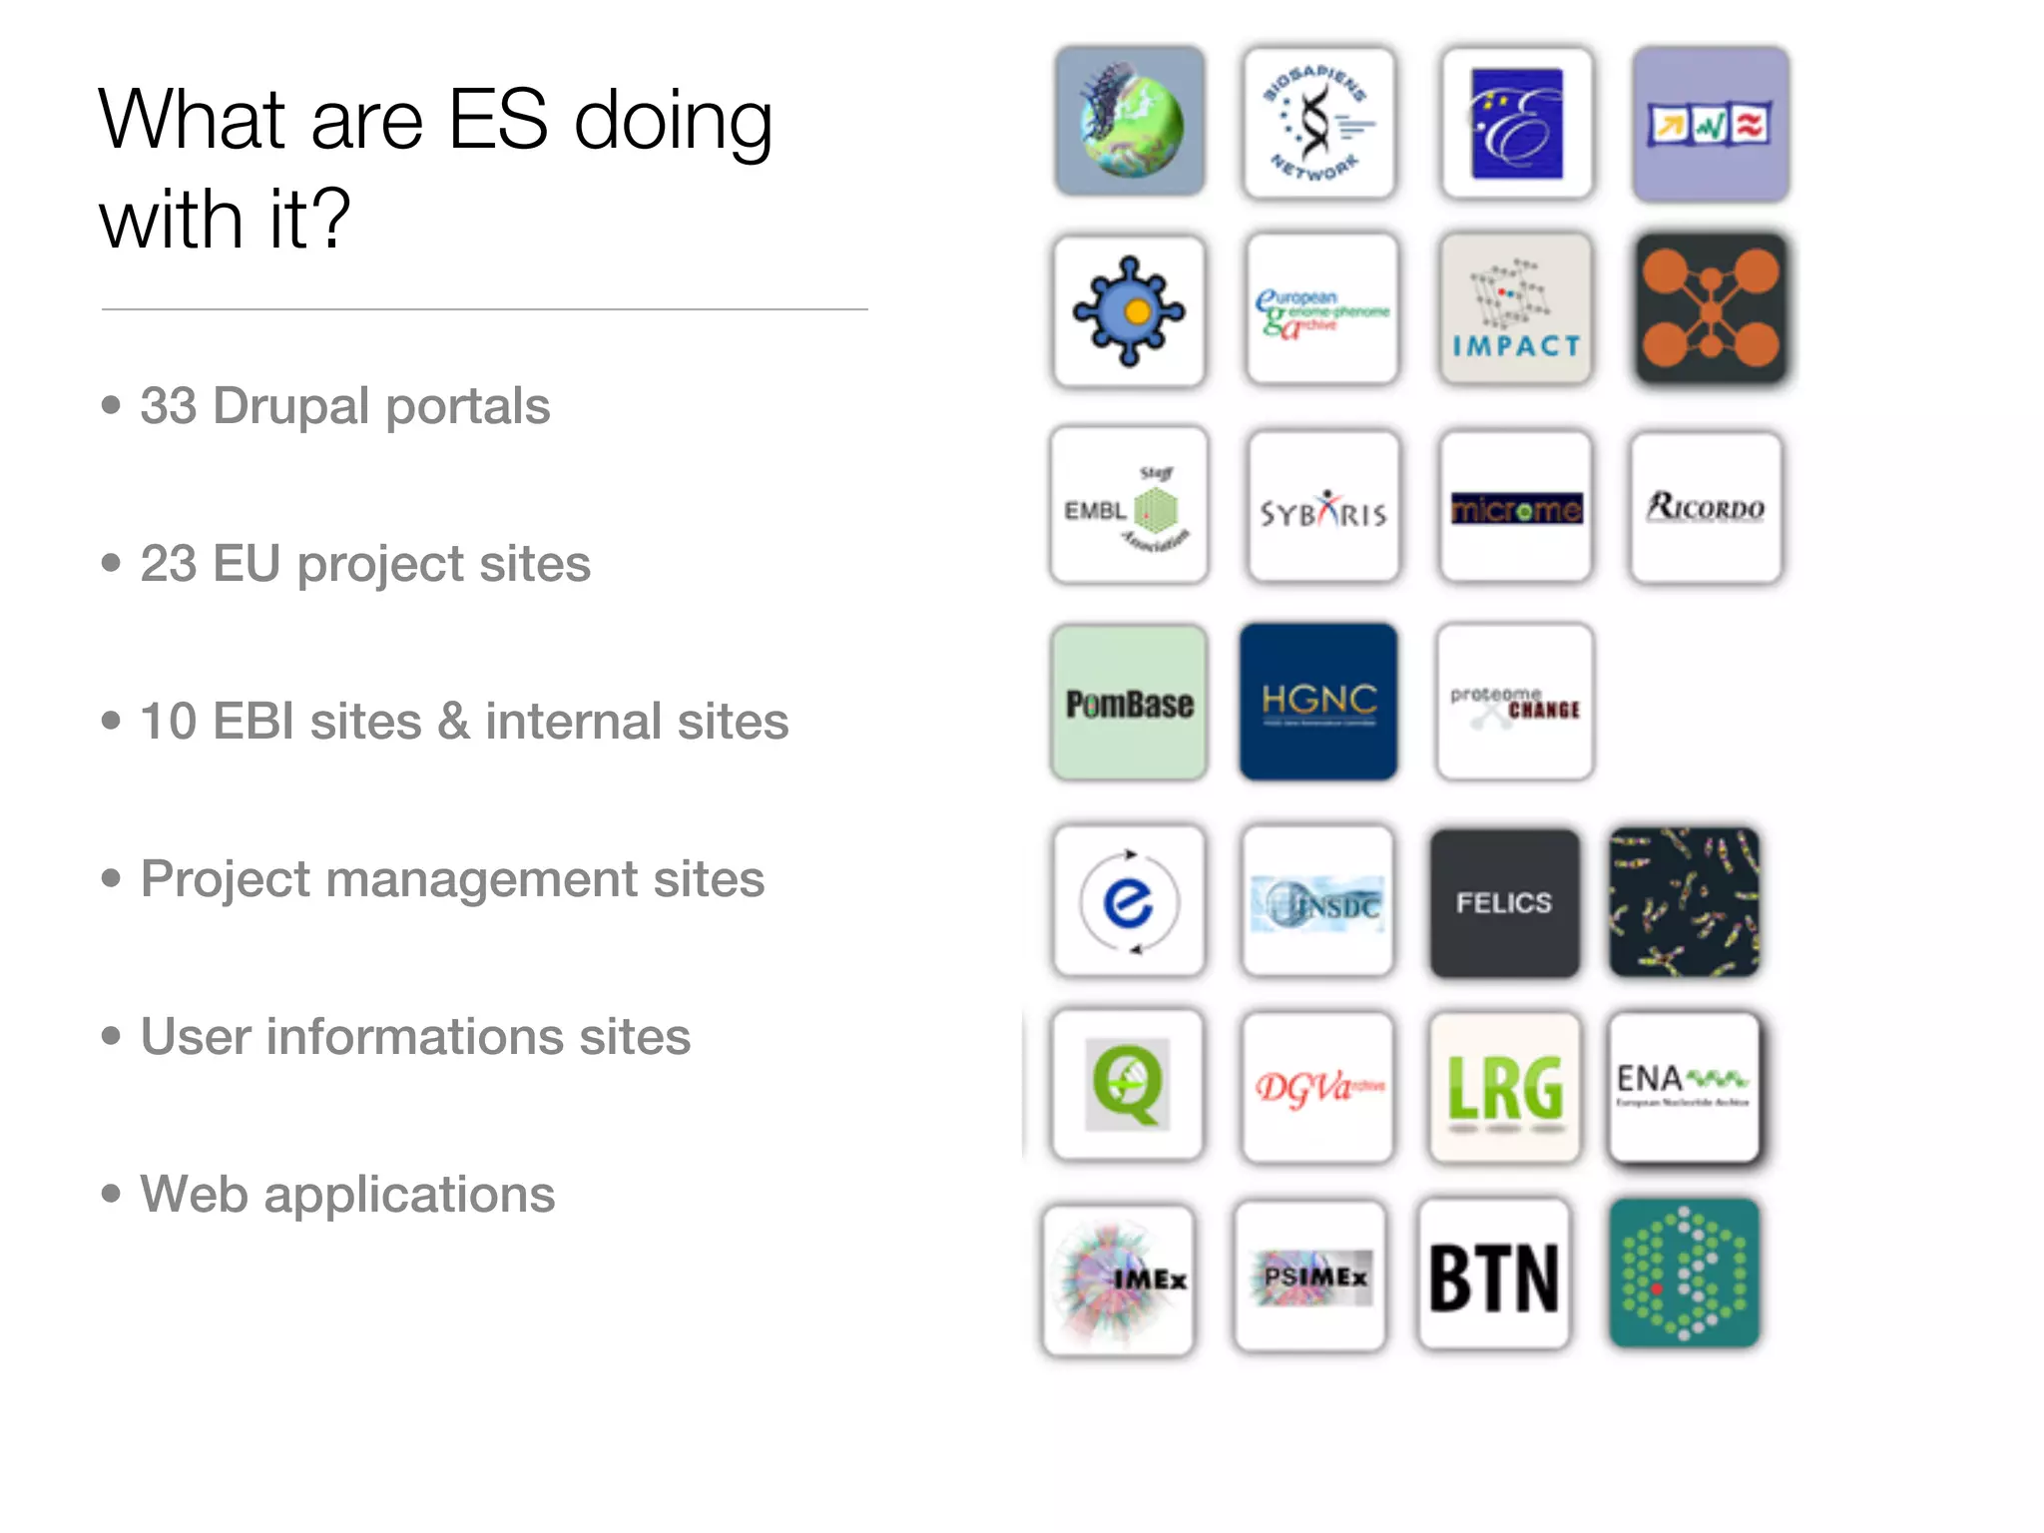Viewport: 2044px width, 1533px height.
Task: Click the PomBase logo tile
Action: pos(1129,703)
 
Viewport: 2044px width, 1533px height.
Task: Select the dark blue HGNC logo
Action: pos(1318,702)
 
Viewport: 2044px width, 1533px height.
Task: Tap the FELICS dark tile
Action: pos(1504,903)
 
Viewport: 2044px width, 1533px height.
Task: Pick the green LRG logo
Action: pos(1505,1088)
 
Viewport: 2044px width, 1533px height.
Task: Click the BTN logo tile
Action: pos(1494,1277)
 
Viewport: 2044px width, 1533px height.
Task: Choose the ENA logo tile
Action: pos(1684,1087)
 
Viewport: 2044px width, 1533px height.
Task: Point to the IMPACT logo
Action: pos(1516,310)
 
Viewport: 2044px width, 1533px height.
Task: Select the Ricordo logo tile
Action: pos(1706,507)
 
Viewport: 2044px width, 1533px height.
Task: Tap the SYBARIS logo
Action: pos(1323,508)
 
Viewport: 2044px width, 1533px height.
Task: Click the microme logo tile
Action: pos(1516,508)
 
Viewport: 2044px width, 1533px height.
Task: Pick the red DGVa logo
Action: pos(1318,1087)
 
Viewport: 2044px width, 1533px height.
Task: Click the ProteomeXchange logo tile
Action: pos(1515,703)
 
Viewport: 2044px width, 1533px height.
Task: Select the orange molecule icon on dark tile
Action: pos(1711,309)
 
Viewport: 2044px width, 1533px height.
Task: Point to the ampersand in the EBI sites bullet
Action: pos(453,721)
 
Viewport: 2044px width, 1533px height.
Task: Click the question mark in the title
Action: pos(329,219)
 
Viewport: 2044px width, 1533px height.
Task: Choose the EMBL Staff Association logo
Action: pos(1129,507)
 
